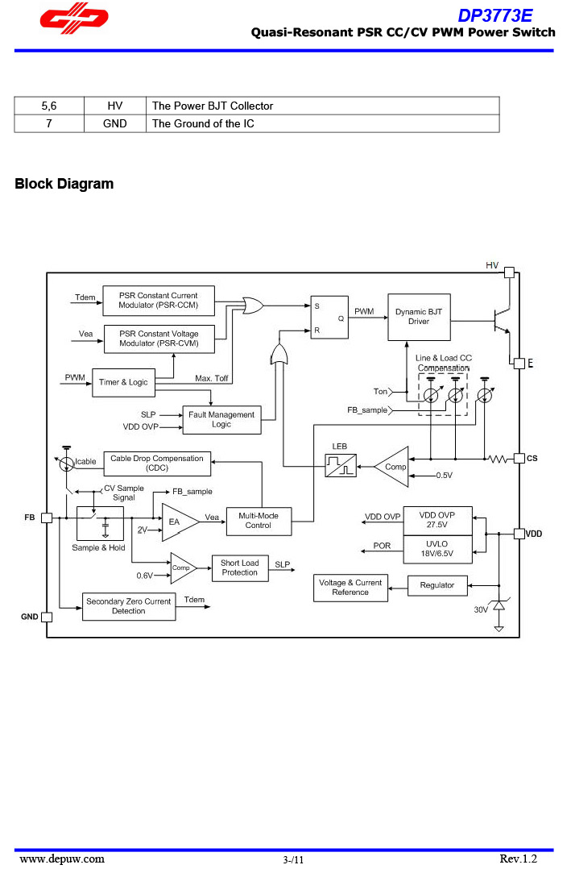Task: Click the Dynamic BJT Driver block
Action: tap(419, 317)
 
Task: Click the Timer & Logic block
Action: tap(123, 381)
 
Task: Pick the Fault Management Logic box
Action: tap(221, 419)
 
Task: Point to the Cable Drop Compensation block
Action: tap(156, 463)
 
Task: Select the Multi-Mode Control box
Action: tap(258, 521)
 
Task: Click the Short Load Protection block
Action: tap(239, 568)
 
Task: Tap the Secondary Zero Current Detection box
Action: tap(129, 606)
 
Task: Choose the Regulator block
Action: tap(437, 585)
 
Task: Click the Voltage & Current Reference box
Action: tap(350, 588)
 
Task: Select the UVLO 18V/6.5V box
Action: tap(437, 549)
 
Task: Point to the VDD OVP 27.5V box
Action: tap(437, 519)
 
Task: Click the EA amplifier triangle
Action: tap(178, 521)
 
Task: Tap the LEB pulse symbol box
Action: tap(341, 465)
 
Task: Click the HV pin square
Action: tap(509, 272)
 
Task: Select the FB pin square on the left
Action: tap(47, 518)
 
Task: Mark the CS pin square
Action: tap(519, 459)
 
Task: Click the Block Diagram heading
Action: tap(64, 184)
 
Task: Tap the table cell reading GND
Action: tap(115, 123)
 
